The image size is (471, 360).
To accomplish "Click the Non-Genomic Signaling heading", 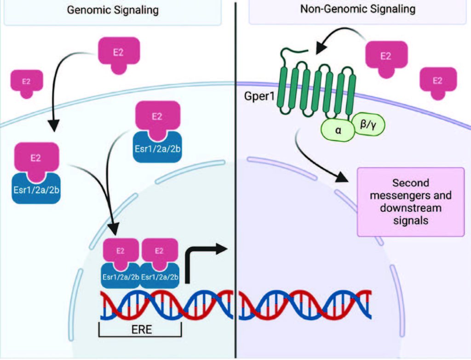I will coord(357,9).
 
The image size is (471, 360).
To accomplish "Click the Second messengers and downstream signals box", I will coord(411,202).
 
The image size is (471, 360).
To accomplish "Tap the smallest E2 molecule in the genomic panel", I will coord(27,83).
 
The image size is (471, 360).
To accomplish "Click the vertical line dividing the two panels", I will coord(235,184).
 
